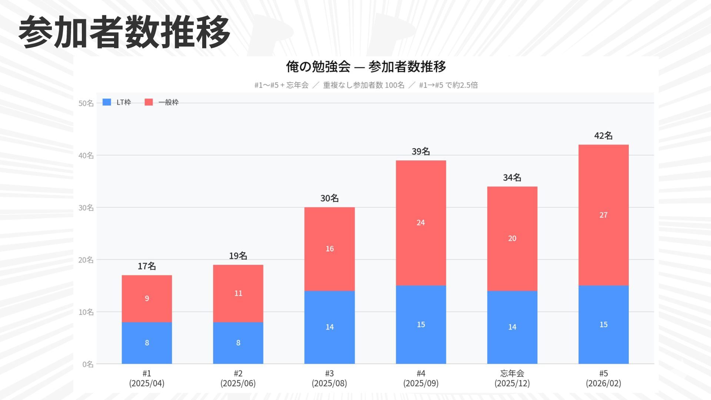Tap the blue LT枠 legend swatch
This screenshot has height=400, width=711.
[x=107, y=102]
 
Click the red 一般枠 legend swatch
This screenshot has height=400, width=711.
[x=148, y=102]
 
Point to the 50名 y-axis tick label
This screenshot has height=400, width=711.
[x=86, y=103]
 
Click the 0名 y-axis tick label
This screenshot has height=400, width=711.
[x=88, y=364]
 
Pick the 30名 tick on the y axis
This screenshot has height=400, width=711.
[x=86, y=208]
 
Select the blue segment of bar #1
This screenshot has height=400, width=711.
[x=147, y=343]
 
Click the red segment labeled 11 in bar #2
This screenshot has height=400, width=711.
[x=238, y=293]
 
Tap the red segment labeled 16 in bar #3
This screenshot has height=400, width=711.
[x=329, y=249]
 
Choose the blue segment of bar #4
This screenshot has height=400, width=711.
[x=421, y=324]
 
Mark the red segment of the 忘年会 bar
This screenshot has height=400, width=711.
[x=512, y=239]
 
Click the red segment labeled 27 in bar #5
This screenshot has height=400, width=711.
[x=603, y=215]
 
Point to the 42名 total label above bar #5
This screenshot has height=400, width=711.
[x=603, y=136]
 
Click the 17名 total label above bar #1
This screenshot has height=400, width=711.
[x=147, y=266]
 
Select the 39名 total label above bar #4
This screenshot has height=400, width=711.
[x=421, y=151]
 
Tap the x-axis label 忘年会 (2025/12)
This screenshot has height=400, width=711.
[x=512, y=378]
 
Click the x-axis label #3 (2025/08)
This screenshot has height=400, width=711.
[x=329, y=378]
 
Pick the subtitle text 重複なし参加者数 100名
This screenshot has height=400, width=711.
[x=364, y=85]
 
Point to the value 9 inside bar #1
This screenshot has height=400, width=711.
[x=147, y=299]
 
